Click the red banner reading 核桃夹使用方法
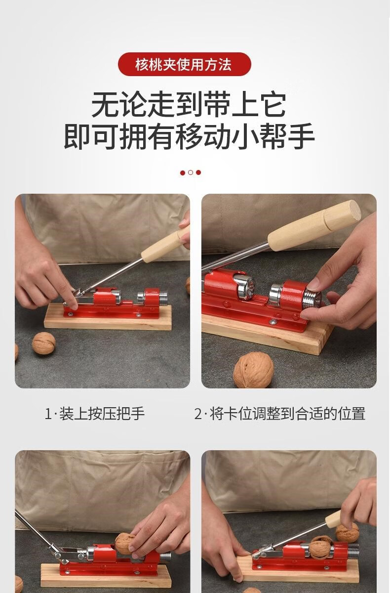[x=184, y=64]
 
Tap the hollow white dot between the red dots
[x=191, y=172]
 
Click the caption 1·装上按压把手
[x=95, y=414]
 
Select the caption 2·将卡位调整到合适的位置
[x=280, y=414]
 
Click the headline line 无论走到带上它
[x=189, y=105]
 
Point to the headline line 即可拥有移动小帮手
[x=189, y=136]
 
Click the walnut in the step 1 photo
[x=43, y=343]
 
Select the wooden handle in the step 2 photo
[x=314, y=226]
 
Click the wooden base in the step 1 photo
[x=108, y=318]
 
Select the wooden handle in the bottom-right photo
[x=334, y=517]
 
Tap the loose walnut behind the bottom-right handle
[x=347, y=532]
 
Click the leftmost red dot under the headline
[x=183, y=173]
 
